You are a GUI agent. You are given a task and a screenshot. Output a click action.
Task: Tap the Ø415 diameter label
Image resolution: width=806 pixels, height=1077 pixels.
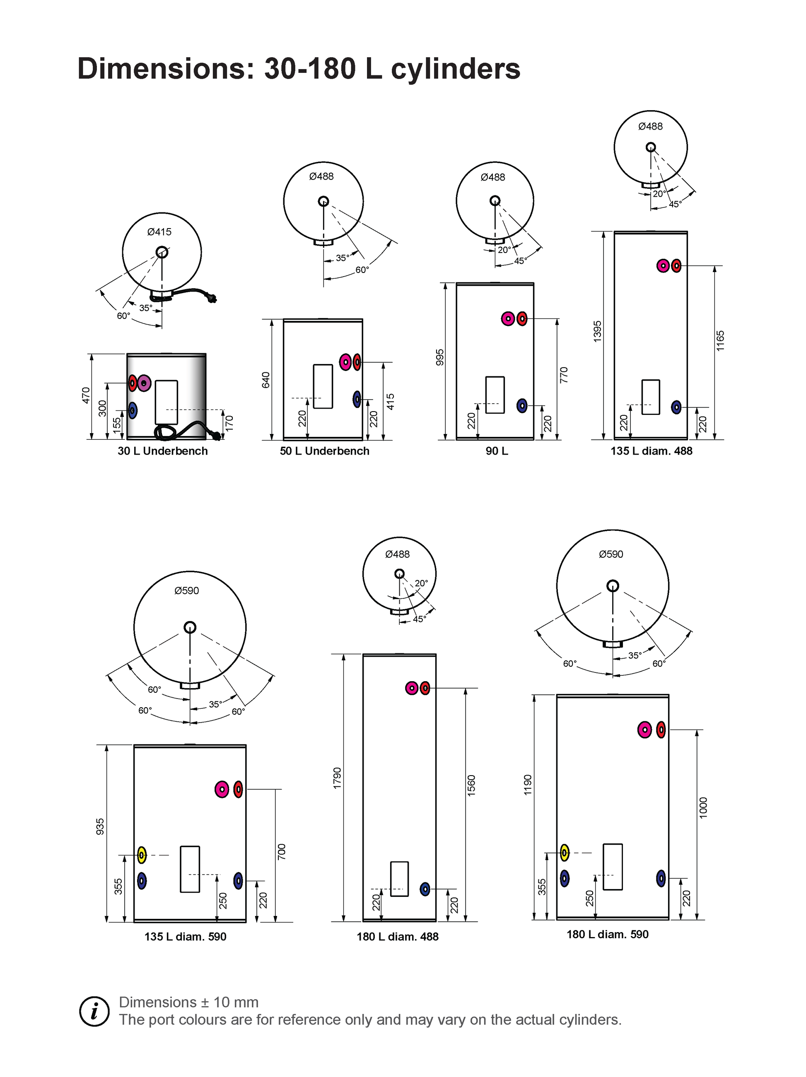[x=159, y=232]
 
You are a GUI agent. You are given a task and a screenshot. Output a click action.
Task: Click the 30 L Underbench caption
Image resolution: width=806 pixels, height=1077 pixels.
[x=163, y=451]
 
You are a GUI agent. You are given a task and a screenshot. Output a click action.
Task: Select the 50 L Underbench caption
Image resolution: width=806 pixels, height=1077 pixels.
[x=324, y=451]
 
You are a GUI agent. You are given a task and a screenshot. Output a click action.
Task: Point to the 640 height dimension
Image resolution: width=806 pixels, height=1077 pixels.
[x=266, y=379]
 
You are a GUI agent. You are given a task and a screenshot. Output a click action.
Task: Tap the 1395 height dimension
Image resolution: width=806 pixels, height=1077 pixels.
[x=598, y=331]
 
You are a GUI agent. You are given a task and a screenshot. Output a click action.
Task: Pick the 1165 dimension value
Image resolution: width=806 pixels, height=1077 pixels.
[x=720, y=340]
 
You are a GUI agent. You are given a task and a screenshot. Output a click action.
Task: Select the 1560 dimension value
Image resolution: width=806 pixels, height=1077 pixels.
[x=471, y=785]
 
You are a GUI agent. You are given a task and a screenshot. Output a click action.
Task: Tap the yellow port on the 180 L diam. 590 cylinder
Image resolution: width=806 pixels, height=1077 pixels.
[x=565, y=853]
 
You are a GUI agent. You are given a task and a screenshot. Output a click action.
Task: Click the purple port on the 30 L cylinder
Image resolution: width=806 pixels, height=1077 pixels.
[x=144, y=383]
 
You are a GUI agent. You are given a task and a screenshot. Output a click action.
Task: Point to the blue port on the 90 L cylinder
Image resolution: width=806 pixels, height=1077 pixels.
[x=521, y=405]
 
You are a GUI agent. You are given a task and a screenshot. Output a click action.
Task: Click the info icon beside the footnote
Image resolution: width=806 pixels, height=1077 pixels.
[x=94, y=1011]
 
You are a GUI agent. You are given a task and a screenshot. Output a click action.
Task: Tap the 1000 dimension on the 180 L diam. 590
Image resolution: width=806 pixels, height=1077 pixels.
[x=703, y=808]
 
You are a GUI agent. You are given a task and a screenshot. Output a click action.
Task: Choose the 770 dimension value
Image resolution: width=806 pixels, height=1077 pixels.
[x=564, y=374]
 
